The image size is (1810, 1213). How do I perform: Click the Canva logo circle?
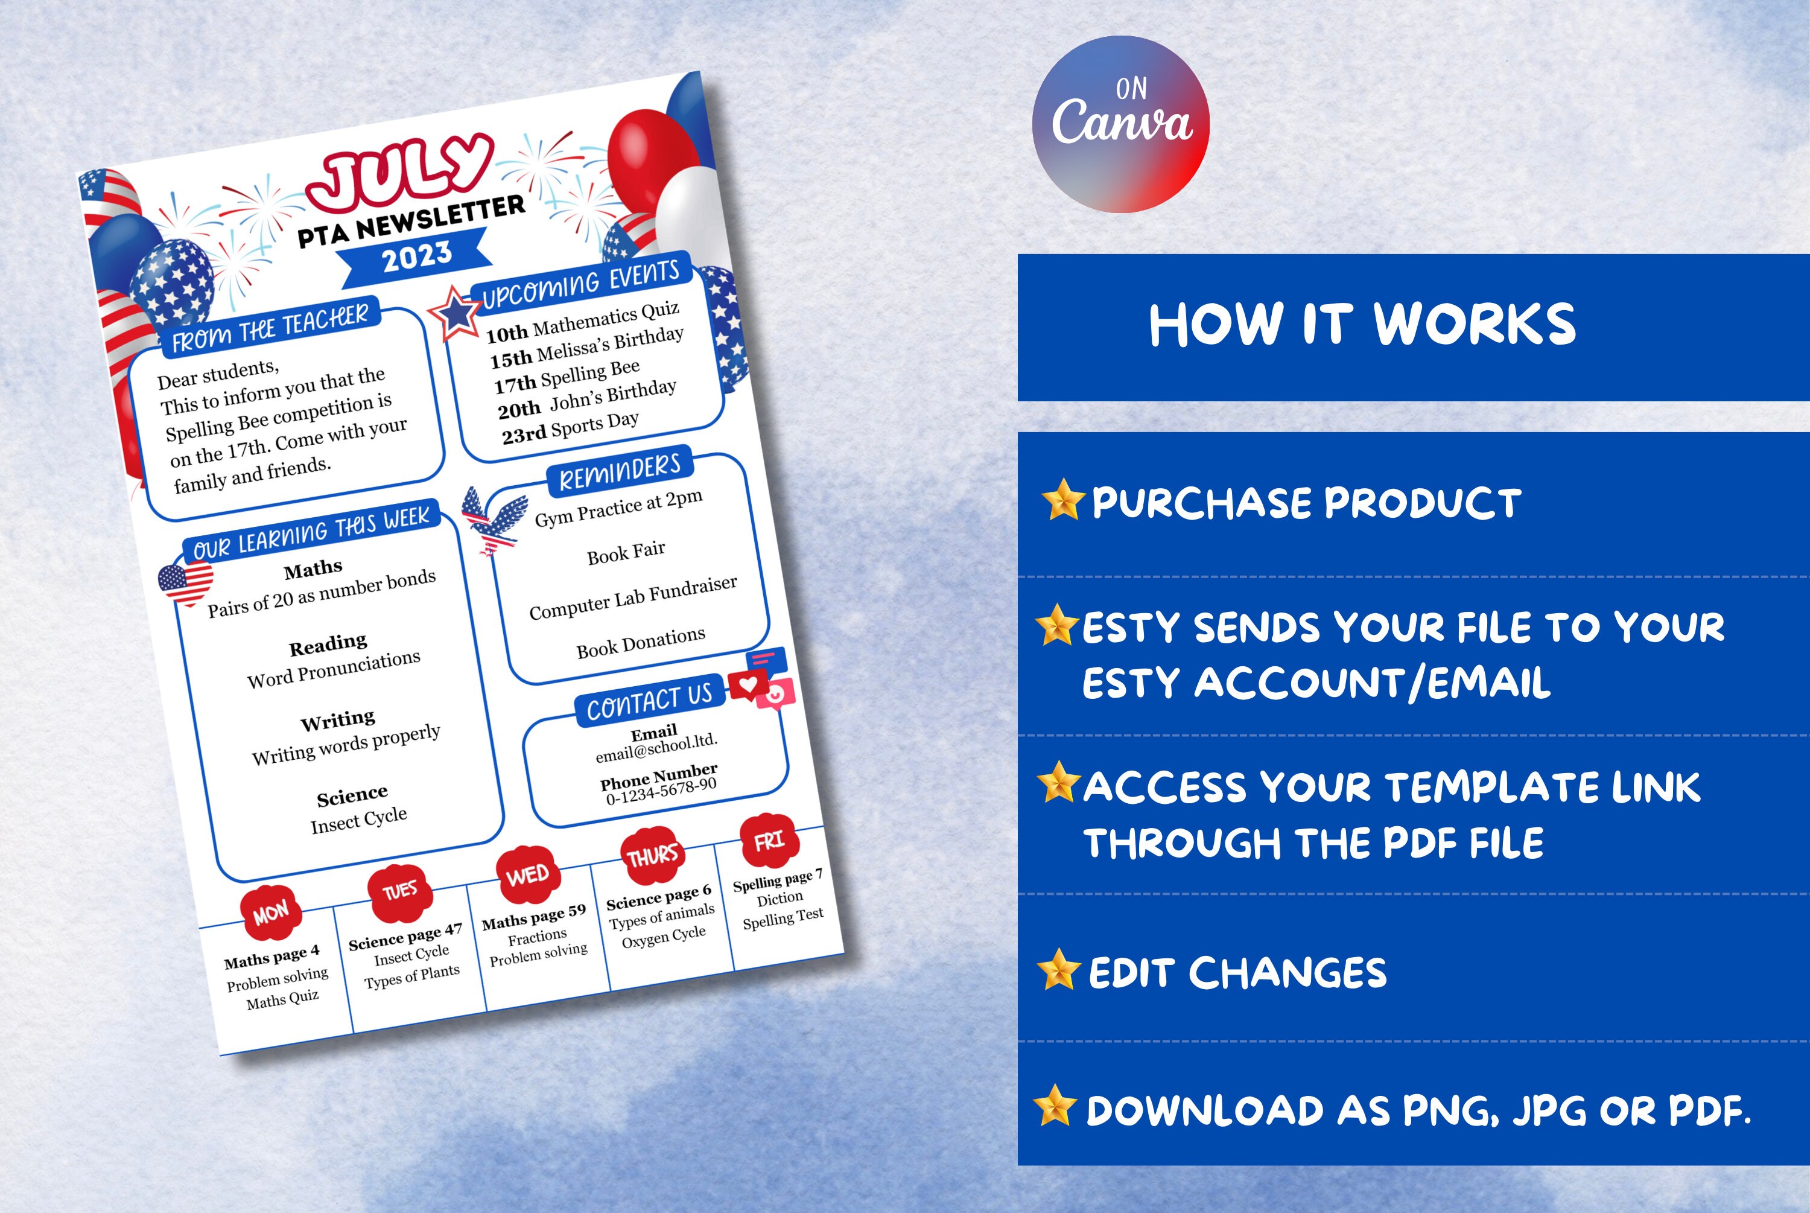coord(1120,124)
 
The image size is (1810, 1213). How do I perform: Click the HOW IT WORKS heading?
coord(1362,325)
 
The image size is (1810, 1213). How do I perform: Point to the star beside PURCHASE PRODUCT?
coord(1063,500)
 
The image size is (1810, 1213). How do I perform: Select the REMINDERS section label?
coord(620,472)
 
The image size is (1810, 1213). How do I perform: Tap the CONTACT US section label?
coord(649,701)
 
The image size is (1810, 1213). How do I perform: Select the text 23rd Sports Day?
coord(571,428)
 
